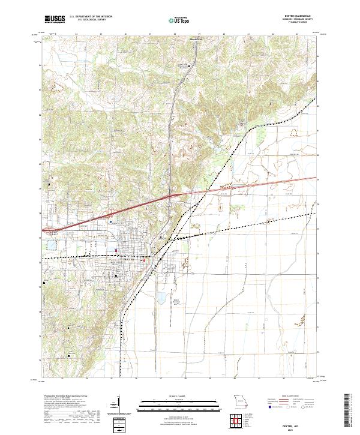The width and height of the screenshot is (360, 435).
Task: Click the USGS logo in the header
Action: click(x=55, y=20)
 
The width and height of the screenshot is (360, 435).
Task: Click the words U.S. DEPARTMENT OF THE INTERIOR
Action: click(x=91, y=17)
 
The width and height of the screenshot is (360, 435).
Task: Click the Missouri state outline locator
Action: click(x=241, y=401)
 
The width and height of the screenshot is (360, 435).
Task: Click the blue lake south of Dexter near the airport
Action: click(x=160, y=296)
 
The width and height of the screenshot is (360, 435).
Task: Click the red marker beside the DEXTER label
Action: click(x=143, y=260)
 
